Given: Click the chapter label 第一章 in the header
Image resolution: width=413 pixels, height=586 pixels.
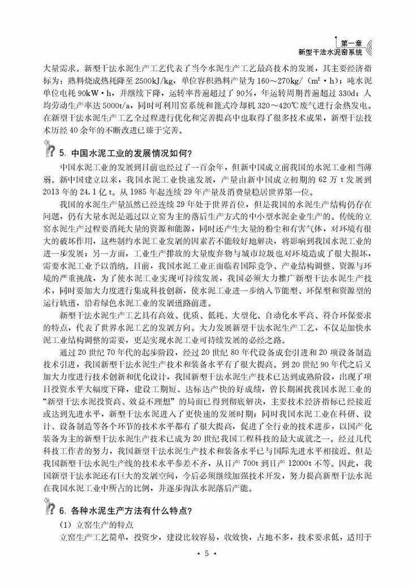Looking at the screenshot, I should (352, 42).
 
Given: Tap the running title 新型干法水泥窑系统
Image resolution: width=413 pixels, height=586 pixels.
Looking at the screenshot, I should (330, 52).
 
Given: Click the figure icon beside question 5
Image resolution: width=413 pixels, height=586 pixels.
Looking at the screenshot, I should (49, 151).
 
